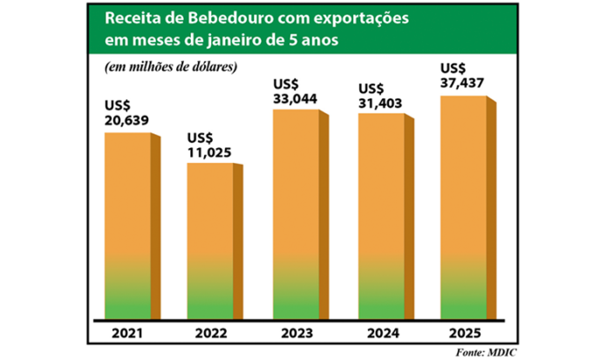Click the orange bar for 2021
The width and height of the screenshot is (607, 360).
pos(127,227)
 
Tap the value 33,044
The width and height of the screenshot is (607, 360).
pos(295,99)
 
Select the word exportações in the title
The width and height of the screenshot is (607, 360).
pos(346,18)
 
